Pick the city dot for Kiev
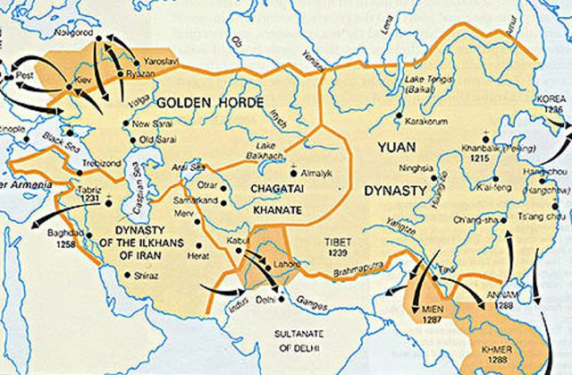pos(69,87)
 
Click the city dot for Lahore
pos(265,266)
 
